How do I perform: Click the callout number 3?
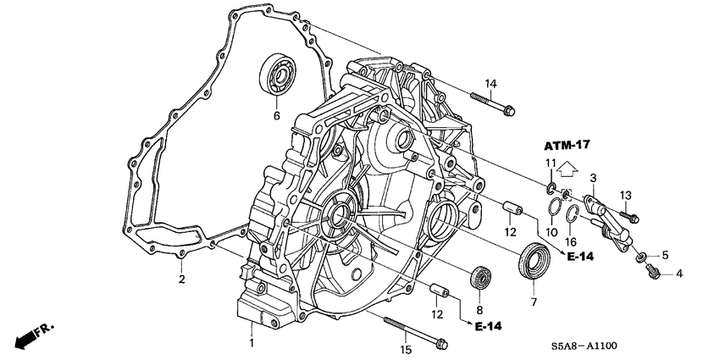point(594,177)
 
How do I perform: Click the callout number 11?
point(550,163)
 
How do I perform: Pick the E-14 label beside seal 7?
point(580,256)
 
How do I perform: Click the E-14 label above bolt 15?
point(489,326)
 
